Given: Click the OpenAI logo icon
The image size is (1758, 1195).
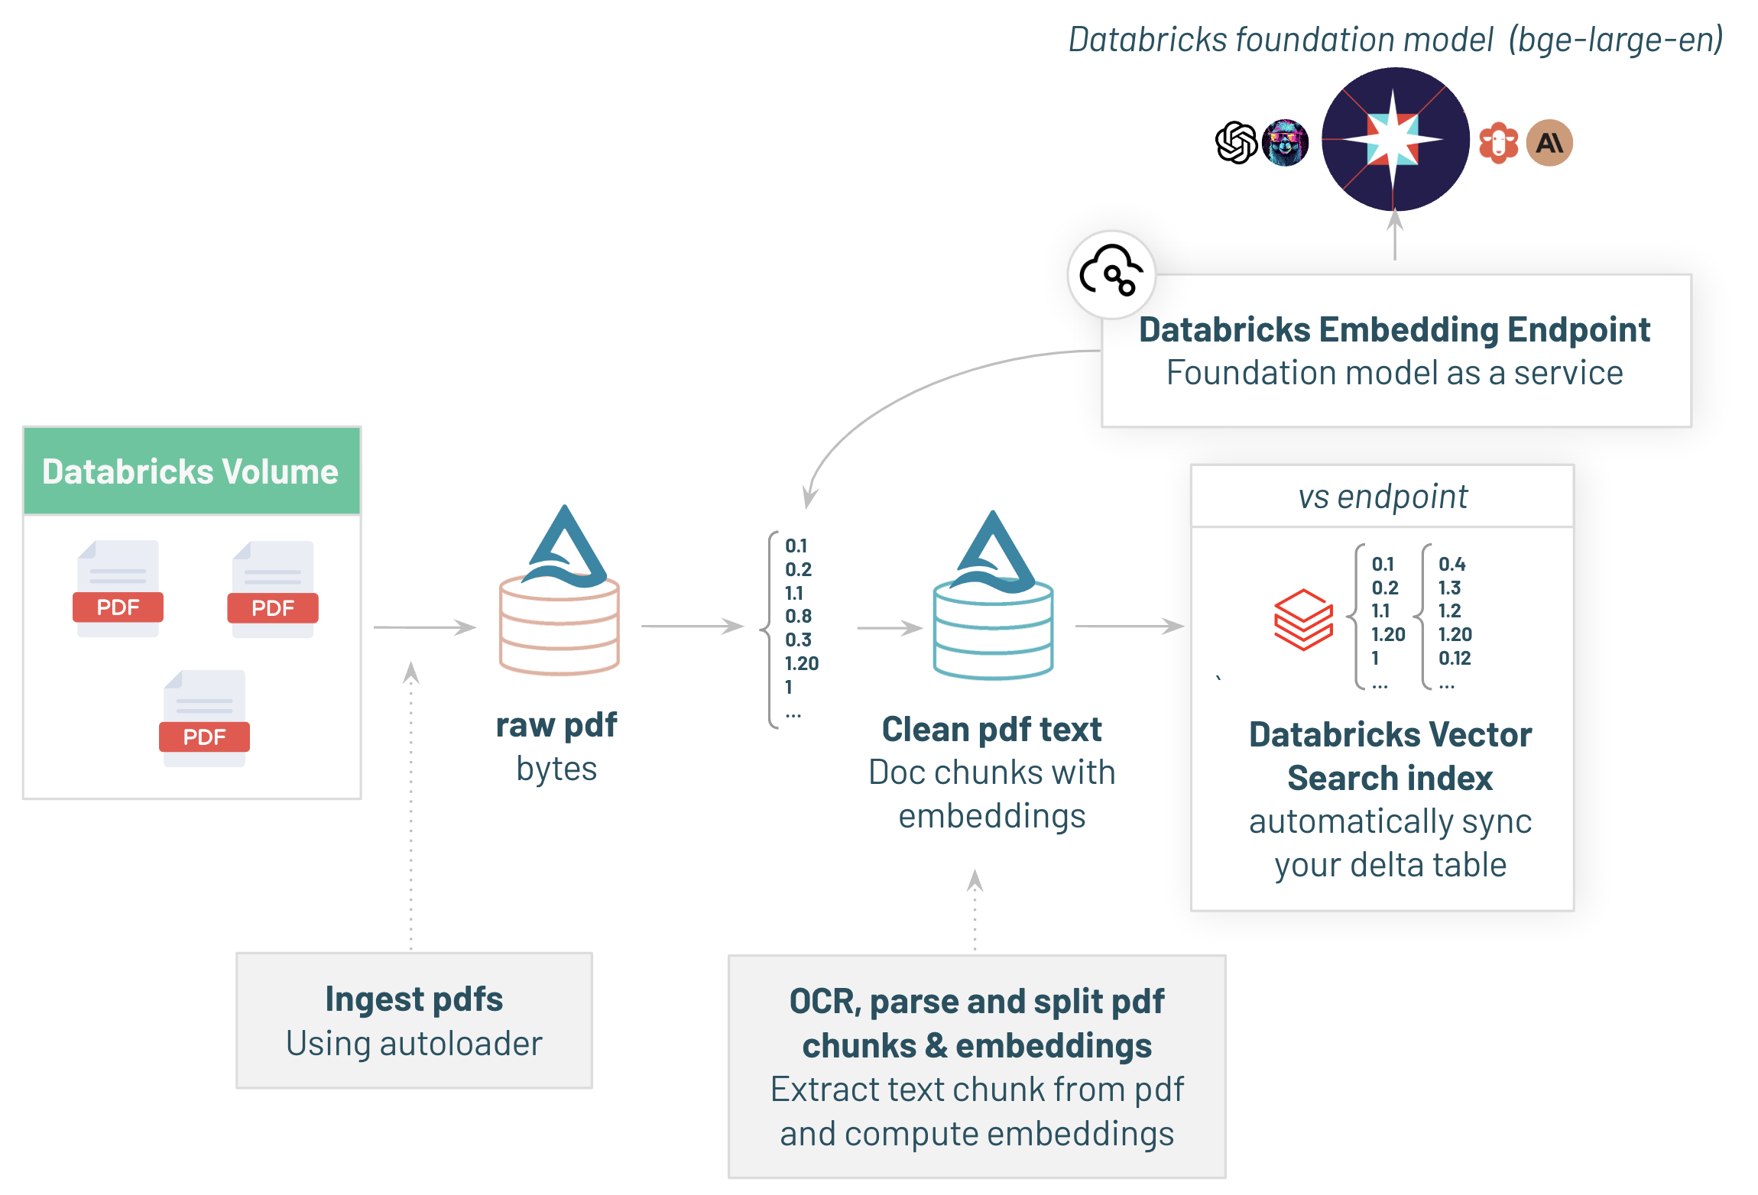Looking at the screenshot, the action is pyautogui.click(x=1236, y=143).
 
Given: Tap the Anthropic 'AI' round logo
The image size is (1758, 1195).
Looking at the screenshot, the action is pyautogui.click(x=1549, y=143).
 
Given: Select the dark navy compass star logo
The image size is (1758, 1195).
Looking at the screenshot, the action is pyautogui.click(x=1395, y=139).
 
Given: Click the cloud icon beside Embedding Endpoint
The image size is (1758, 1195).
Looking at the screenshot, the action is pyautogui.click(x=1111, y=273).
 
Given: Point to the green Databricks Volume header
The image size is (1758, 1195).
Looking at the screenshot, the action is pyautogui.click(x=192, y=471).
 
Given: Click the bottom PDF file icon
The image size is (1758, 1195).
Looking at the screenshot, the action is pyautogui.click(x=204, y=718).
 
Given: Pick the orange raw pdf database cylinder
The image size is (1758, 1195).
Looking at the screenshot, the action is pyautogui.click(x=560, y=626).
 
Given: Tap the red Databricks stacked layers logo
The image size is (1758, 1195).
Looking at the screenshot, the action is pyautogui.click(x=1303, y=620).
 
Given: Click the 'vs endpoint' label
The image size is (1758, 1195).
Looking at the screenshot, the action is pyautogui.click(x=1383, y=497).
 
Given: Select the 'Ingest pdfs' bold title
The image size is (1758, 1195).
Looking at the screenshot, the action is pyautogui.click(x=414, y=999).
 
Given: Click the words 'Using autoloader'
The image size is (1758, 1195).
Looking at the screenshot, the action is pyautogui.click(x=414, y=1044).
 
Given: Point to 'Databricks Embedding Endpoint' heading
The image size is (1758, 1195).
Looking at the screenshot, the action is pyautogui.click(x=1394, y=330).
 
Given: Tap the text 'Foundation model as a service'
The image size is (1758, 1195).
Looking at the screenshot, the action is pyautogui.click(x=1394, y=373).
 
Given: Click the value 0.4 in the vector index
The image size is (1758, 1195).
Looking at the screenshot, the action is pyautogui.click(x=1451, y=565).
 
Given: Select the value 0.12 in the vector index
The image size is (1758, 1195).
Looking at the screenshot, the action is pyautogui.click(x=1455, y=658).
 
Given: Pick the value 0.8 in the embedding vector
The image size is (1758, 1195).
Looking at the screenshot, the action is pyautogui.click(x=798, y=616).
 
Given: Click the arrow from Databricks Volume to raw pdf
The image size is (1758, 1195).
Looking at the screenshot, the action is pyautogui.click(x=425, y=627).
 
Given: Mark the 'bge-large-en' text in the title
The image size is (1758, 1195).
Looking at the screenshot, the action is pyautogui.click(x=1616, y=40).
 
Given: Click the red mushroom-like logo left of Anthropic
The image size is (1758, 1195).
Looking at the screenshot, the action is pyautogui.click(x=1497, y=143).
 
